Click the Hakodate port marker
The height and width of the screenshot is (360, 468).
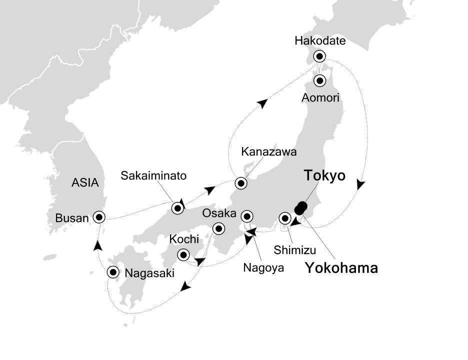point(319,56)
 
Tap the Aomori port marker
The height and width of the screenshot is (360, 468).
point(319,80)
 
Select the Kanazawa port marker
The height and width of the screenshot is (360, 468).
point(241,183)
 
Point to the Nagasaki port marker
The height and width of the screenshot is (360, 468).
point(113,272)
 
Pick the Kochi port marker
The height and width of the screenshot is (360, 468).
point(183,255)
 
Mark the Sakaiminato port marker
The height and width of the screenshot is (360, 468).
point(177,208)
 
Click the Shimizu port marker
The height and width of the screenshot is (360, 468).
point(285,218)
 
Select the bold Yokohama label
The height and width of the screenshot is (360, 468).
point(341,268)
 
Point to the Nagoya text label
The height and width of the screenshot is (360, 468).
point(263,267)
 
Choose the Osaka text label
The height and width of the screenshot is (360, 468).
point(218,213)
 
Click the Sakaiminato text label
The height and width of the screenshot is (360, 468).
point(154,176)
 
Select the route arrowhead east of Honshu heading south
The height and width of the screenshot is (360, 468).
point(361,184)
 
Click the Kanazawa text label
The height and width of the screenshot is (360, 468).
point(261,151)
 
